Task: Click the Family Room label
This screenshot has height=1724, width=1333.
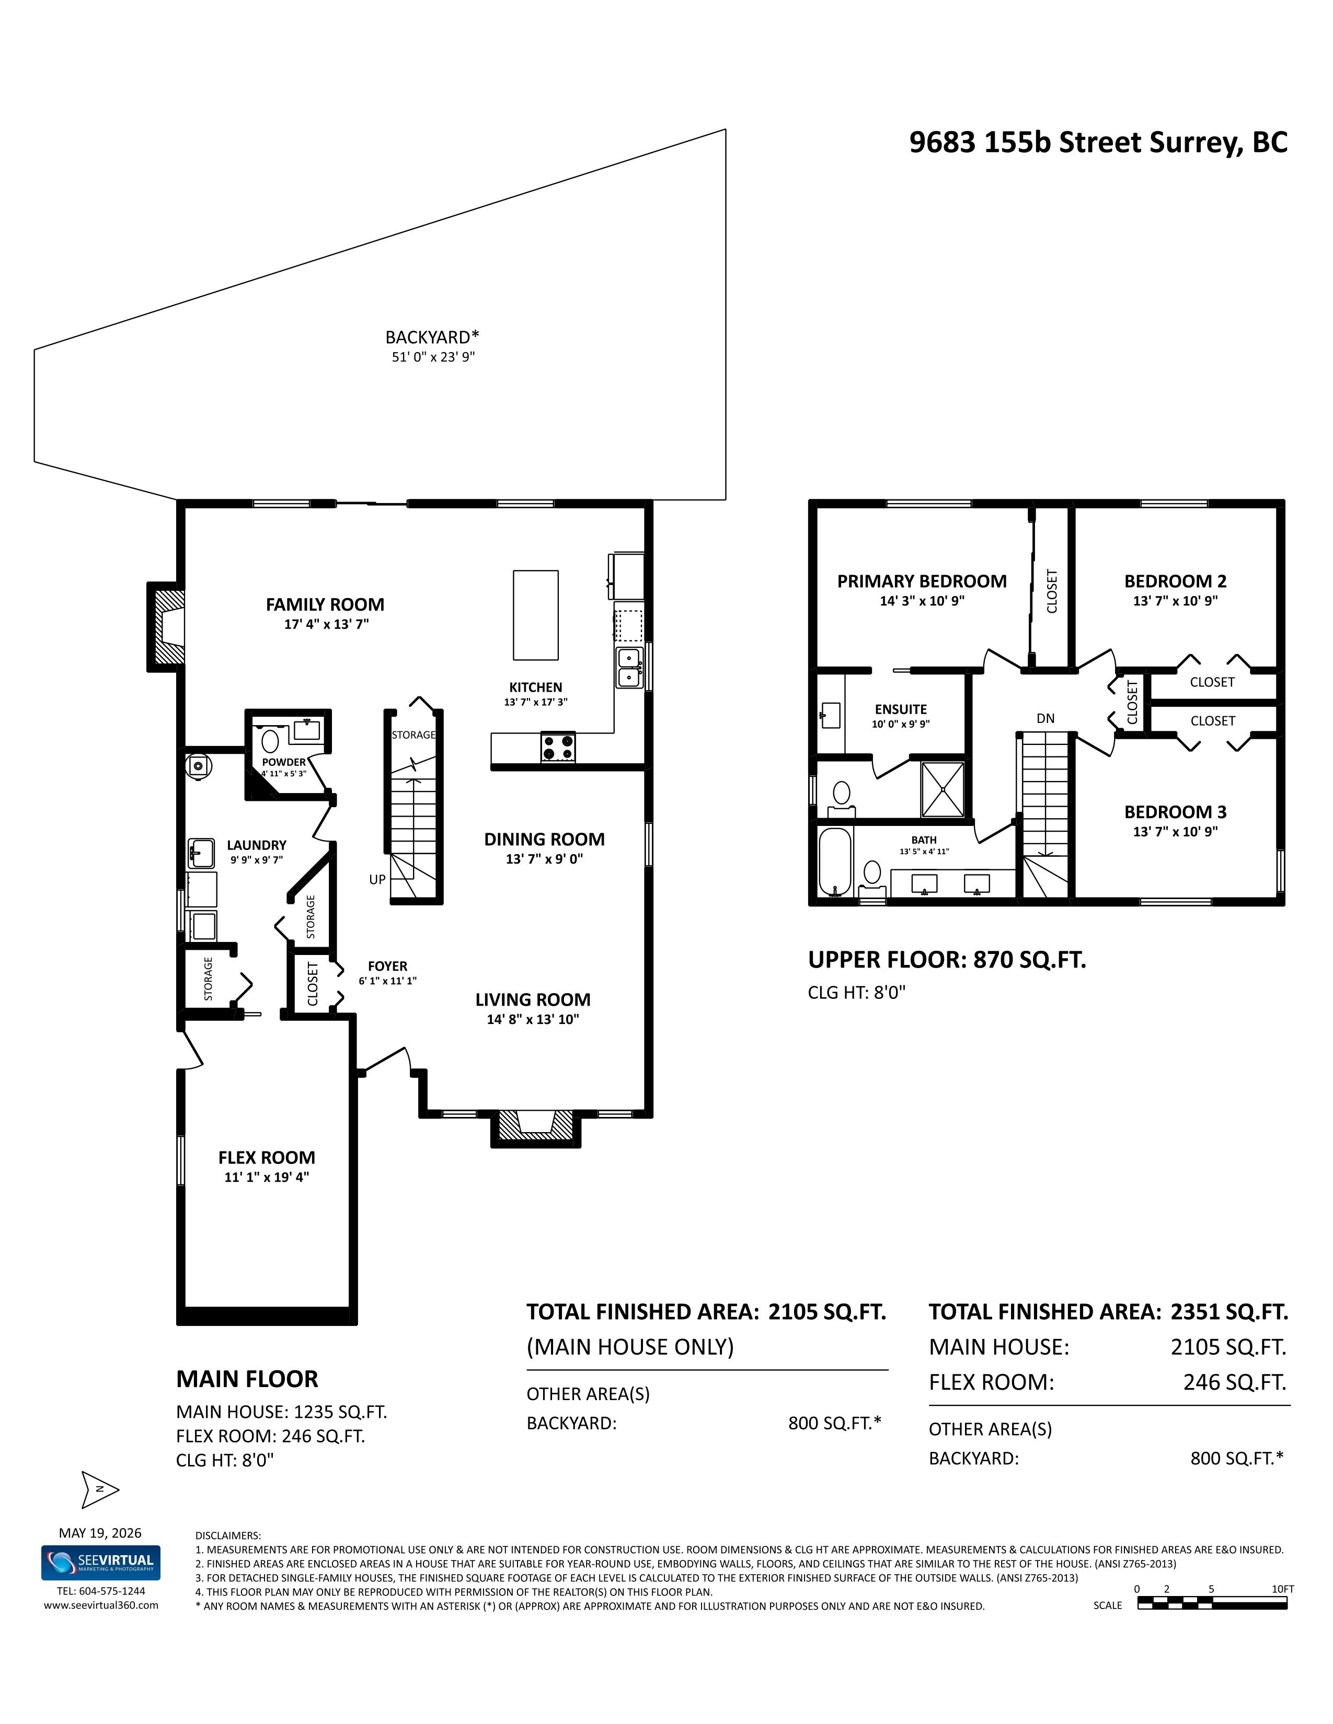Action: coord(325,604)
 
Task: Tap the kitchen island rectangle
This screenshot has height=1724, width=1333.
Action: coord(535,615)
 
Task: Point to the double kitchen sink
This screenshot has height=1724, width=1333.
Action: coord(629,667)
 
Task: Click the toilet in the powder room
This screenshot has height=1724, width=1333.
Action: coord(271,741)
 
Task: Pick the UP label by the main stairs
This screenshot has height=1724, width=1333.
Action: coord(377,879)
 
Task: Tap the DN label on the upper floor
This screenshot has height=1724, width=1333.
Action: coord(1045,718)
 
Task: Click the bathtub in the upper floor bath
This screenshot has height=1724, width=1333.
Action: coord(835,861)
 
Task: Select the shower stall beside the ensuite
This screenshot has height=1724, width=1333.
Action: coord(943,789)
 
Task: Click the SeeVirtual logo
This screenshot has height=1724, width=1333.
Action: coord(101,1562)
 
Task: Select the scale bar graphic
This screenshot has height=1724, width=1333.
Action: coord(1212,1603)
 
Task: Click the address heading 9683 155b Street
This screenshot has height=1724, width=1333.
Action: coord(1098,142)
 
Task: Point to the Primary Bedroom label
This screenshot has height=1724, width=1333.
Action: coord(922,582)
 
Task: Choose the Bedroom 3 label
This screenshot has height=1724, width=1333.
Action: coord(1176,812)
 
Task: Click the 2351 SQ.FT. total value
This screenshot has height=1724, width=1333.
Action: coord(1229,1312)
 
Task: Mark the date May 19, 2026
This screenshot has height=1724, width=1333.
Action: coord(100,1533)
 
